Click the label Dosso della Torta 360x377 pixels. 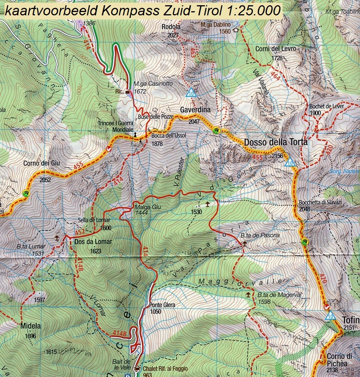(276, 142)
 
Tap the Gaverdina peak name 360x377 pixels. (195, 110)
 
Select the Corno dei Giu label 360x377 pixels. (42, 163)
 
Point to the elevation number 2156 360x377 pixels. (277, 155)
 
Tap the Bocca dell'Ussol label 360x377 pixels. (168, 136)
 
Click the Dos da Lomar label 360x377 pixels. (93, 242)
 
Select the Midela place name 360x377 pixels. (31, 326)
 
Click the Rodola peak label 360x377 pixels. (171, 27)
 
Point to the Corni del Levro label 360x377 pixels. (276, 49)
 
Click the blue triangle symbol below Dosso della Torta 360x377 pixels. (289, 162)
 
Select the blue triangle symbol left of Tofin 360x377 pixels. (330, 316)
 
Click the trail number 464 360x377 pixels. (275, 75)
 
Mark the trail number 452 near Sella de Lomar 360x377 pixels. (80, 232)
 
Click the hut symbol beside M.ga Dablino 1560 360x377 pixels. (236, 30)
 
